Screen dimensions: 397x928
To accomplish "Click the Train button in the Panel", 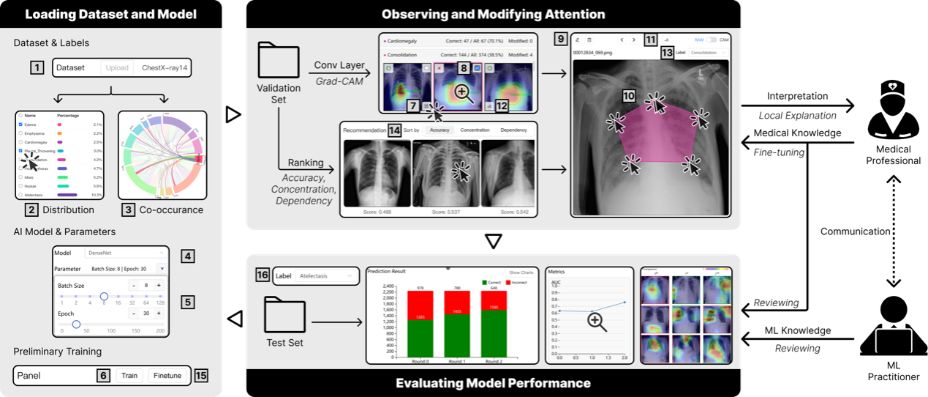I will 129,376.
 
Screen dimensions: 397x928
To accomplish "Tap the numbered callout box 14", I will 394,130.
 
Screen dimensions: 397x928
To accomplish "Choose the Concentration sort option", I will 474,130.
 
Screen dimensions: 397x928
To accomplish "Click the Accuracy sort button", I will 439,130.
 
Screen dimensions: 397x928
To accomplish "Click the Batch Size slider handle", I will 104,296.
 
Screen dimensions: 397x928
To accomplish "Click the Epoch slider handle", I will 76,324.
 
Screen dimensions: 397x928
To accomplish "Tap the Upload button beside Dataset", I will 117,67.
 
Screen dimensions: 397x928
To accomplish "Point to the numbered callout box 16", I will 263,275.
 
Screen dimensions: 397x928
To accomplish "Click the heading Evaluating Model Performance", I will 493,383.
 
